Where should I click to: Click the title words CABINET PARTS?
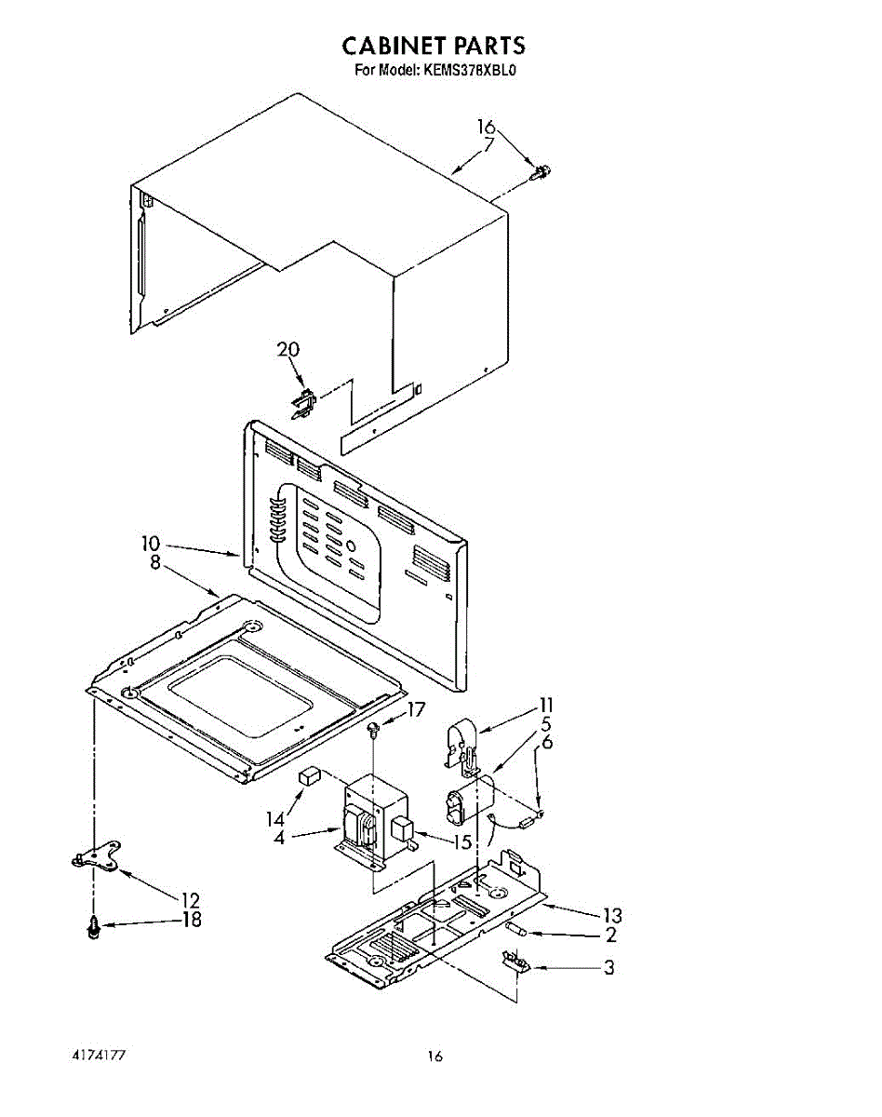coord(434,45)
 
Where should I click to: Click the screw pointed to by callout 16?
coord(541,172)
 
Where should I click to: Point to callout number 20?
coord(288,350)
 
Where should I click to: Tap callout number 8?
coord(154,562)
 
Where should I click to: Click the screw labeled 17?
coord(374,729)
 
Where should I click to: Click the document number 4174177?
coord(98,1056)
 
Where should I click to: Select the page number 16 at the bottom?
coord(434,1056)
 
